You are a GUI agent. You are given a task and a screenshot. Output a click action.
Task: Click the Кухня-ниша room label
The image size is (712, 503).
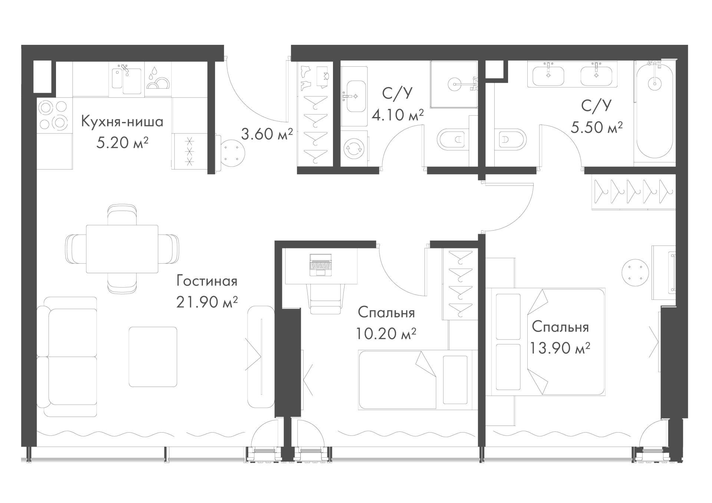click(x=122, y=122)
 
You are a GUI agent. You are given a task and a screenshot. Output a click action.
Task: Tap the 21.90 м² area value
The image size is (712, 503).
click(x=207, y=302)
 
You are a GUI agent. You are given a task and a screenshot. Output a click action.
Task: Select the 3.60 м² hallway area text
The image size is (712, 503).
click(x=267, y=134)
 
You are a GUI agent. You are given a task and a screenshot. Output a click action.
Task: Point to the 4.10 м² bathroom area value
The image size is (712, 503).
click(x=398, y=115)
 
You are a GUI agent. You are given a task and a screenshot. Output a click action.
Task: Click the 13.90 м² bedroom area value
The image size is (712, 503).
click(x=560, y=348)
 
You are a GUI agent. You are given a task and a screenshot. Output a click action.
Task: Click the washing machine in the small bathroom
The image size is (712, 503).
click(x=354, y=148)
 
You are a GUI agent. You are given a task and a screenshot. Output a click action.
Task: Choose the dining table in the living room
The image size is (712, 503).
click(x=122, y=249)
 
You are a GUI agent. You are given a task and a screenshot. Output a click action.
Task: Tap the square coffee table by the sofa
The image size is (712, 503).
click(x=153, y=357)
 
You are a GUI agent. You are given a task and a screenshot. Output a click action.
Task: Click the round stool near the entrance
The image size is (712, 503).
click(x=233, y=153)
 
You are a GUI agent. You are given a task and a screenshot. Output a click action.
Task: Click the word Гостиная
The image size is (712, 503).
click(x=207, y=281)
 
